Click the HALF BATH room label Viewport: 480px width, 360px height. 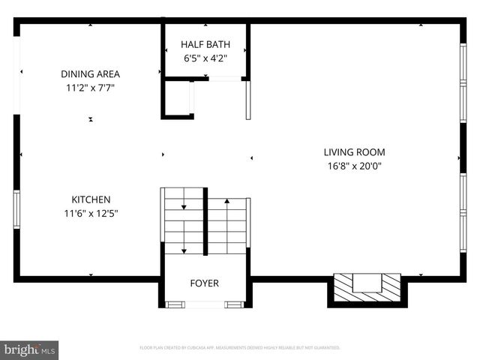(x=205, y=44)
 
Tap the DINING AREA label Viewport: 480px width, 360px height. (x=91, y=74)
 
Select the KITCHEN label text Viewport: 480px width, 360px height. (x=91, y=199)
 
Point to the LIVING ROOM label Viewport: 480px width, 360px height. (x=354, y=152)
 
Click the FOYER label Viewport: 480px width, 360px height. (x=204, y=283)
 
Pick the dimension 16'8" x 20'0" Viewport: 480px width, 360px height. (x=354, y=166)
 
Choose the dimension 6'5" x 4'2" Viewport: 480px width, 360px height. (x=205, y=58)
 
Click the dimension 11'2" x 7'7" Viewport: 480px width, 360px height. (x=91, y=88)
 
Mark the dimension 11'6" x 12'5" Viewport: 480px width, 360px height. (x=91, y=213)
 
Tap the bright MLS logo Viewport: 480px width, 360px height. (x=30, y=349)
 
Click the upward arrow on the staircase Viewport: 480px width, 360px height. (x=226, y=201)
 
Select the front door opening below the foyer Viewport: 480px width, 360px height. (x=204, y=304)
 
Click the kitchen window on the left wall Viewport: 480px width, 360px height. (x=16, y=208)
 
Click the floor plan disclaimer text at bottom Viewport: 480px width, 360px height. (x=240, y=348)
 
